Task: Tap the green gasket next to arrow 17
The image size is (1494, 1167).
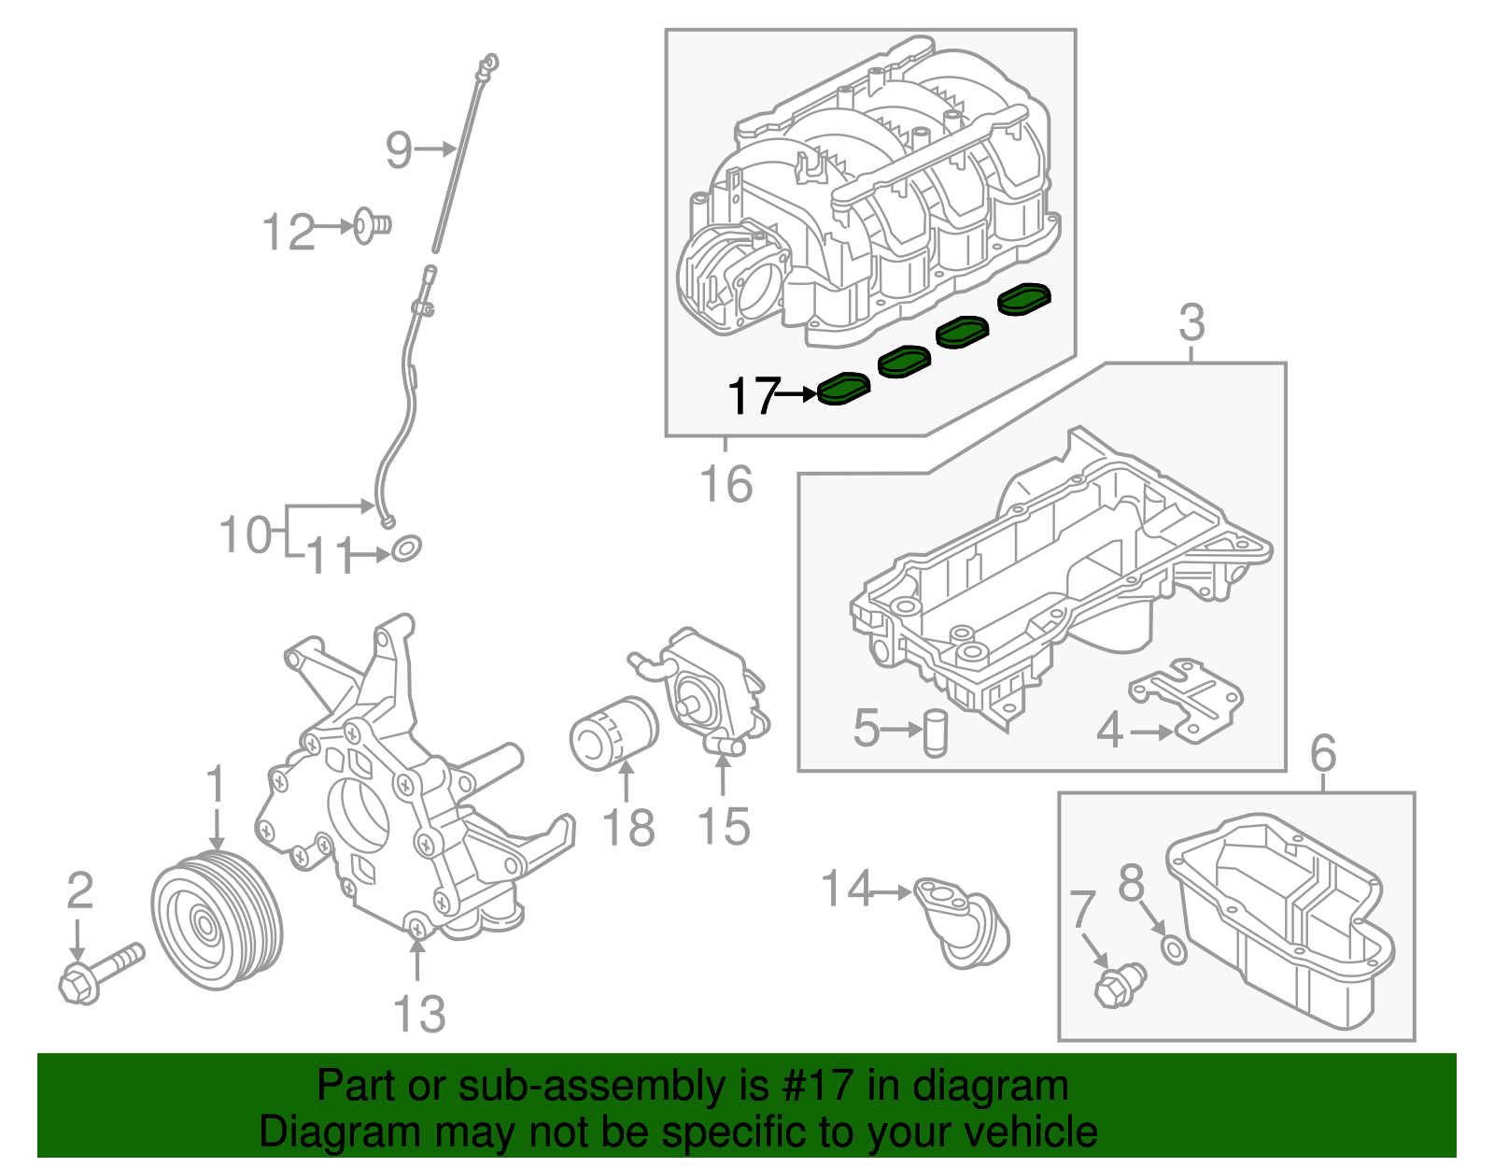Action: (843, 389)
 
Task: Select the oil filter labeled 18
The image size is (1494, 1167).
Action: (613, 733)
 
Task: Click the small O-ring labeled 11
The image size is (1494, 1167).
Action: (406, 548)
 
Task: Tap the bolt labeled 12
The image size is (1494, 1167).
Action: (372, 225)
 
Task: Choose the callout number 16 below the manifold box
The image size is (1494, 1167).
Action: (726, 484)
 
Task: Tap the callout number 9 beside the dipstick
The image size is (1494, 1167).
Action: (399, 149)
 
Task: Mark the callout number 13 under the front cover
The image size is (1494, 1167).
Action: (419, 1014)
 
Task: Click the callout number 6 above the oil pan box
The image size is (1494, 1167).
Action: (1323, 753)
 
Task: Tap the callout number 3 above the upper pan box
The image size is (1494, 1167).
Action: (1191, 323)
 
